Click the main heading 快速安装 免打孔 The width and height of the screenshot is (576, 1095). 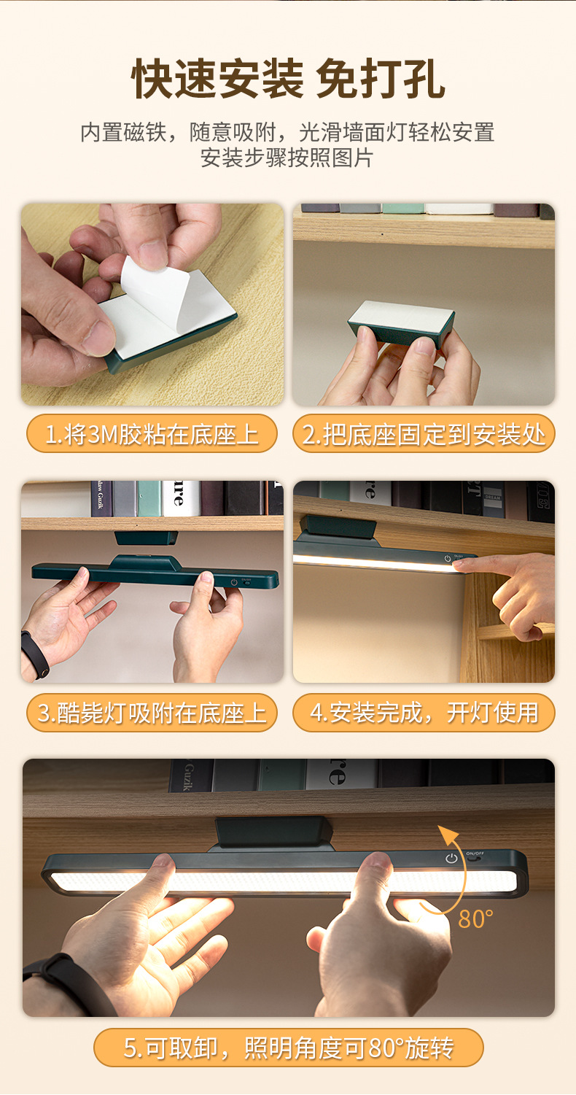pos(288,79)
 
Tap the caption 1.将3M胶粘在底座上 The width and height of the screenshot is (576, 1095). pos(152,434)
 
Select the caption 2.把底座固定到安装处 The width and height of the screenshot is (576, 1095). pos(424,434)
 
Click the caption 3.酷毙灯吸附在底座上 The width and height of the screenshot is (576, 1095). pos(152,712)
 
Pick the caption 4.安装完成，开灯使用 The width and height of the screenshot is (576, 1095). pos(424,712)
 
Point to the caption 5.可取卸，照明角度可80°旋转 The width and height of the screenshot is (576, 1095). pos(288,1048)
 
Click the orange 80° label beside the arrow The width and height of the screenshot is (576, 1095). pos(475,919)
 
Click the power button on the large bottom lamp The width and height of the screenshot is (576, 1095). pos(451,858)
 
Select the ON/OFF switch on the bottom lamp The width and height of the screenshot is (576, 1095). pos(475,856)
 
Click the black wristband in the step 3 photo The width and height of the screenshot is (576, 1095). pos(35,654)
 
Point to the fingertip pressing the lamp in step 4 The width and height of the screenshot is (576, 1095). pos(459,565)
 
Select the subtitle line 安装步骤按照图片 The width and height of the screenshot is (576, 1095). pos(287,158)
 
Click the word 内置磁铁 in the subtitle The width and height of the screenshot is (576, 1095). pos(124,132)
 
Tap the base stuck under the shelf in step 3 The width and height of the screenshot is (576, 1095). pos(146,538)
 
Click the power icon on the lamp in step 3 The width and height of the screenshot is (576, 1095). pos(234,582)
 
